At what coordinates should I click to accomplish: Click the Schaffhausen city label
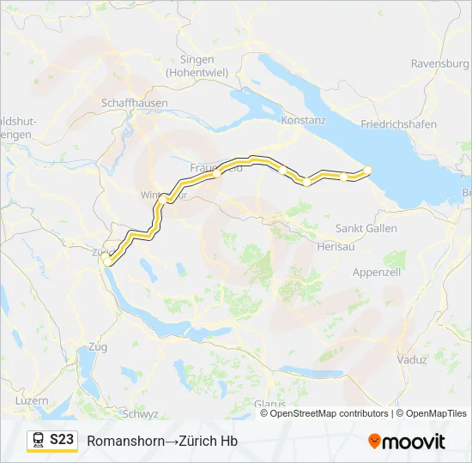pyautogui.click(x=134, y=102)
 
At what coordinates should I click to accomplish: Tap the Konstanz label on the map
pyautogui.click(x=305, y=121)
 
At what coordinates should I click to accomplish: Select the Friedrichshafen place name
pyautogui.click(x=398, y=124)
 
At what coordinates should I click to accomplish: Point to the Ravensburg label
pyautogui.click(x=439, y=63)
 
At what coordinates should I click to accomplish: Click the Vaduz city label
pyautogui.click(x=412, y=360)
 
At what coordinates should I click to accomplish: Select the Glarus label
pyautogui.click(x=269, y=403)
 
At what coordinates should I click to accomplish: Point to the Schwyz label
pyautogui.click(x=140, y=413)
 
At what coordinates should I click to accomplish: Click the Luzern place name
pyautogui.click(x=32, y=401)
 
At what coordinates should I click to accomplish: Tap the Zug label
pyautogui.click(x=98, y=347)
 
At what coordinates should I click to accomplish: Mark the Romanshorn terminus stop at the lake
pyautogui.click(x=367, y=169)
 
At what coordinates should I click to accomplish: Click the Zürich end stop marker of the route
pyautogui.click(x=106, y=257)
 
